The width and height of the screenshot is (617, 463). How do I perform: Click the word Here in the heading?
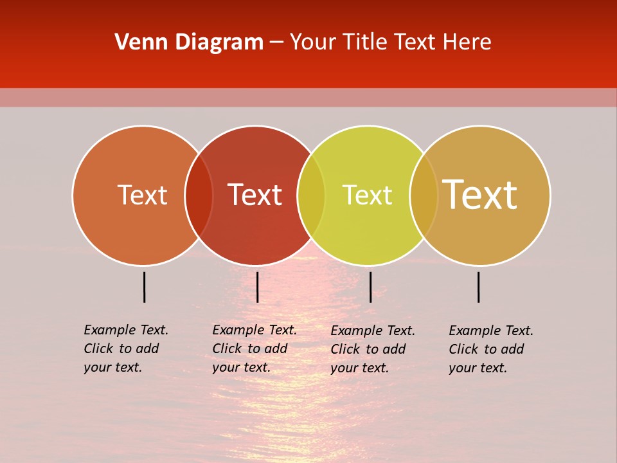click(x=467, y=42)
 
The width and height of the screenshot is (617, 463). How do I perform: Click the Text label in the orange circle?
click(x=142, y=195)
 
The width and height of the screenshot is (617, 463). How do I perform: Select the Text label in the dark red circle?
click(x=255, y=195)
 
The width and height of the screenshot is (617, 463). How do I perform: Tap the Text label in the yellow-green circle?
click(x=367, y=195)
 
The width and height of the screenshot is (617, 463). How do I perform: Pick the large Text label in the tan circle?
click(x=480, y=195)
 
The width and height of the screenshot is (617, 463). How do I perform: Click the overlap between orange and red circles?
click(x=199, y=195)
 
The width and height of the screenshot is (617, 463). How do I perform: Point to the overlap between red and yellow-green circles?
click(x=311, y=195)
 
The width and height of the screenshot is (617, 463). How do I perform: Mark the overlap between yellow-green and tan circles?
click(x=424, y=195)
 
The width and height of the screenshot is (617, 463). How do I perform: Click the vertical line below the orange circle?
click(x=145, y=287)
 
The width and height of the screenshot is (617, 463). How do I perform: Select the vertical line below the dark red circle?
click(x=257, y=287)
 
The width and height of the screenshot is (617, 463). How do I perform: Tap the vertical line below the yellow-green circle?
click(x=370, y=287)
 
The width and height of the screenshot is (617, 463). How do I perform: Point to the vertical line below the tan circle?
click(x=479, y=287)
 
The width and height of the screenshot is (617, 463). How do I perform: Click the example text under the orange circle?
click(x=125, y=349)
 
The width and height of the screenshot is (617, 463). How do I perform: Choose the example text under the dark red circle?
click(x=254, y=349)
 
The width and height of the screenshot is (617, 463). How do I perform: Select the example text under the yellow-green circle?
click(x=372, y=349)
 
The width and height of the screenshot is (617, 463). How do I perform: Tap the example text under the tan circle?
click(x=490, y=349)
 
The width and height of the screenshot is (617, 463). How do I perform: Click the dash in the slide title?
click(x=276, y=43)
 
